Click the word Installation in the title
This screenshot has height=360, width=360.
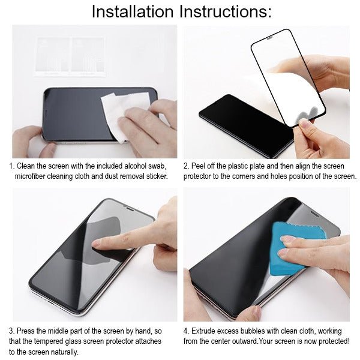coord(128,11)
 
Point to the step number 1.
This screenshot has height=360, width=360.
coord(11,166)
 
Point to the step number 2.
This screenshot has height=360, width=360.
coord(186,166)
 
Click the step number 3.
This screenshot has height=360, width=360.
coord(11,331)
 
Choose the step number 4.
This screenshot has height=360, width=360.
coord(186,331)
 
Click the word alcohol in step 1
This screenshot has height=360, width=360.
coord(133,166)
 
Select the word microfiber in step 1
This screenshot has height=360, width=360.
coord(34,176)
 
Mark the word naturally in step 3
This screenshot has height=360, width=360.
coord(63,352)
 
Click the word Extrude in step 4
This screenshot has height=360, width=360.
coord(206,331)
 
